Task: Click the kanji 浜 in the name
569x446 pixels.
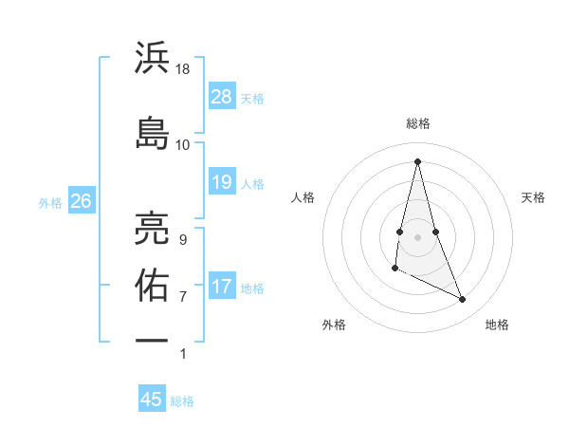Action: [x=152, y=59]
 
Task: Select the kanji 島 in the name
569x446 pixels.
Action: [x=152, y=133]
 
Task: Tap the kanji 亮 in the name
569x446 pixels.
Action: [x=152, y=229]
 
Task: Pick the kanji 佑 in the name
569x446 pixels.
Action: [x=152, y=285]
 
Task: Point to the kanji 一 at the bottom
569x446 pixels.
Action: [x=152, y=340]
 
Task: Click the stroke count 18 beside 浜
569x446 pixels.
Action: [x=184, y=69]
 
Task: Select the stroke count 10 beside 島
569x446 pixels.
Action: [x=183, y=144]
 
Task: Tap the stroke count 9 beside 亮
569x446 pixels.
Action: [x=183, y=239]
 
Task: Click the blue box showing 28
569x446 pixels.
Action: [x=221, y=97]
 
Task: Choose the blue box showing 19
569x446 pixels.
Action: [x=221, y=182]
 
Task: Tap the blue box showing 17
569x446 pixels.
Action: [x=221, y=287]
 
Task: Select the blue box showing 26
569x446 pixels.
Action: [x=81, y=201]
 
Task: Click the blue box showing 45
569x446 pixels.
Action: [x=152, y=400]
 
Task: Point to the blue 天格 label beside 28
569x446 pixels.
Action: [x=252, y=99]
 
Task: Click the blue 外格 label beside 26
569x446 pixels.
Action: [x=50, y=202]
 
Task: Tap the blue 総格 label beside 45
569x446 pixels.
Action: [x=182, y=401]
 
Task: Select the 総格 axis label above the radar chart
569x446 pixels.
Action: [x=418, y=123]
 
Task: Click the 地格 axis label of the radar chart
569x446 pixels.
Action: [x=497, y=325]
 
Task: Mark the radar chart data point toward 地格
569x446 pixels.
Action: [x=463, y=300]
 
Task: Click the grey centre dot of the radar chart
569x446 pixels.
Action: [x=418, y=236]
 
